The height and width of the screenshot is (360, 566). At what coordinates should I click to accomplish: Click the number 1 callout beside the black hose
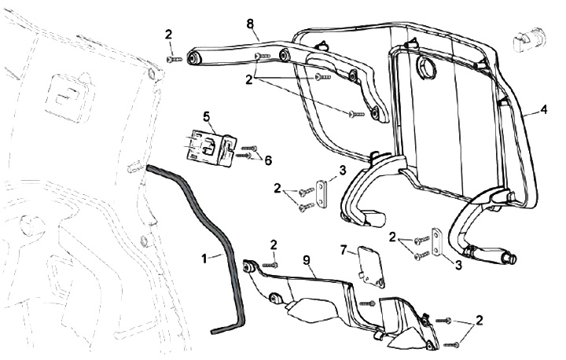pyautogui.click(x=205, y=256)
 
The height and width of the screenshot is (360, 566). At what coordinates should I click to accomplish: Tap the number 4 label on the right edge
pyautogui.click(x=543, y=111)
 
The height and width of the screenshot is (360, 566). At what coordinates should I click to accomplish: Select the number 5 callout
pyautogui.click(x=207, y=116)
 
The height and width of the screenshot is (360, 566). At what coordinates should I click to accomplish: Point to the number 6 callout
pyautogui.click(x=268, y=160)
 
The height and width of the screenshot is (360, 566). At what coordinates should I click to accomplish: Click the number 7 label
pyautogui.click(x=344, y=250)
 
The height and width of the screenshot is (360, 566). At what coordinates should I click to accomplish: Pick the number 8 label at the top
pyautogui.click(x=250, y=24)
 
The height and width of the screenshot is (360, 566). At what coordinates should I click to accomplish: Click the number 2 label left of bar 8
pyautogui.click(x=168, y=34)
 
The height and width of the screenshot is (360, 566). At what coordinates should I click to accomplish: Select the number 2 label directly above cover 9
pyautogui.click(x=274, y=244)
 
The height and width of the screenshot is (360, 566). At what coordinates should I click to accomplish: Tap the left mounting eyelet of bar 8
pyautogui.click(x=192, y=58)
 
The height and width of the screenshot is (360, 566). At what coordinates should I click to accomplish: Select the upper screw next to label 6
pyautogui.click(x=251, y=148)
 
